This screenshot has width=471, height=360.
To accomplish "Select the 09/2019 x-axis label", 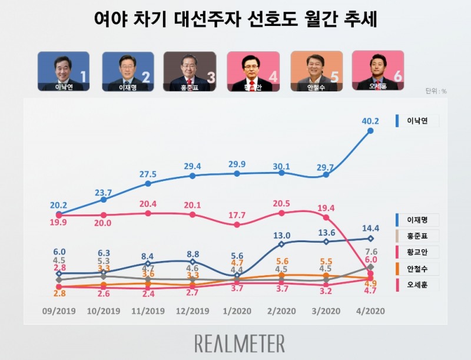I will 59,311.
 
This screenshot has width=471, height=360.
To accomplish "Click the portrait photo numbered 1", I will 63,71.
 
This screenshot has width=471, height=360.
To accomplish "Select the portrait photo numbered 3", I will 189,71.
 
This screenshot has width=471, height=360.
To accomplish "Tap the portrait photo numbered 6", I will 377,70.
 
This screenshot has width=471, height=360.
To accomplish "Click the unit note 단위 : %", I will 436,91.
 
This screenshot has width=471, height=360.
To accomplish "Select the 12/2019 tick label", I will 192,311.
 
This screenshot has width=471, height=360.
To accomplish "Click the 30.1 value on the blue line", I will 281,167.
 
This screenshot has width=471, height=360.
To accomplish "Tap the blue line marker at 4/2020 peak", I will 370,131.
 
